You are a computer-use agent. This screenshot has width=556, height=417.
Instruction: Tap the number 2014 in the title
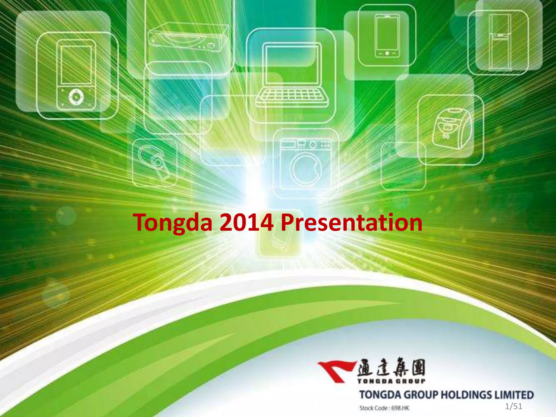coord(246,223)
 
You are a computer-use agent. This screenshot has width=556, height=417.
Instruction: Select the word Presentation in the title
coord(351,223)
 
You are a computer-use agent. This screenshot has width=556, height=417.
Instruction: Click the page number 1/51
coord(513,406)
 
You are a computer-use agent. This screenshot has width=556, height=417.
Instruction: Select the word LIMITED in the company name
coord(514,395)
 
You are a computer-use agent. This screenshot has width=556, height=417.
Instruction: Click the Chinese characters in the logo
coord(391,367)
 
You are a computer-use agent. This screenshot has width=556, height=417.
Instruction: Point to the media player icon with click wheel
coord(76,75)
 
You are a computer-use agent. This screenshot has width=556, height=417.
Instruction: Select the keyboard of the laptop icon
coord(292,95)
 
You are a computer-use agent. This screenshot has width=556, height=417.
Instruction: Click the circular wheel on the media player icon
coord(76,96)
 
